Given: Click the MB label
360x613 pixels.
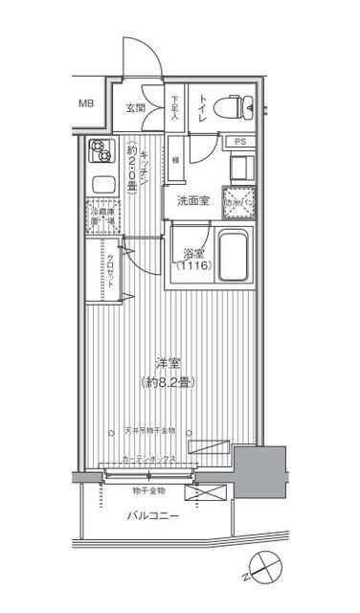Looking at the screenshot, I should pyautogui.click(x=87, y=103).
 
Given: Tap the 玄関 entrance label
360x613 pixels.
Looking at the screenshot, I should pyautogui.click(x=136, y=108).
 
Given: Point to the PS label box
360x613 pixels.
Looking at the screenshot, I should pyautogui.click(x=238, y=143).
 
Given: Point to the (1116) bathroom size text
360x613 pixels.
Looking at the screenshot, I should pyautogui.click(x=195, y=267).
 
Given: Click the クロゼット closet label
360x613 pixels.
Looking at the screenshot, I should pyautogui.click(x=110, y=271).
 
